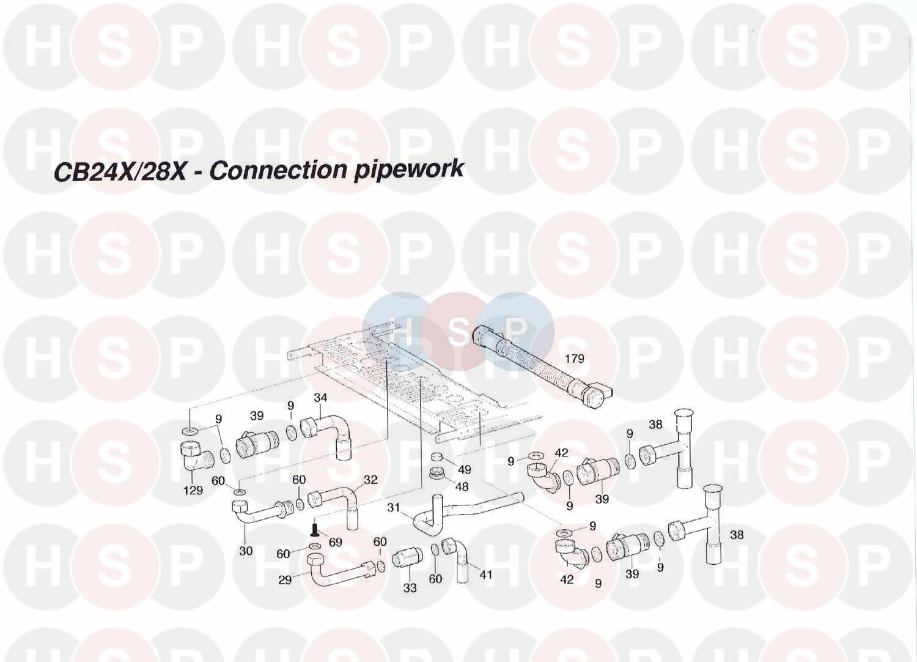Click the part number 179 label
coord(574,359)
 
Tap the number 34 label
coord(320,398)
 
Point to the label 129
coord(193,490)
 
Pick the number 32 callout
coord(370,480)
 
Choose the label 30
coord(246,551)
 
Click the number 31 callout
coord(394,508)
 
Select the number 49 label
coord(465,470)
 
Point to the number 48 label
coord(462,487)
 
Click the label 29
coord(285,580)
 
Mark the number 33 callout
coord(410,588)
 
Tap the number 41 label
coord(486,575)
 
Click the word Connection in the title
coord(279,170)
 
